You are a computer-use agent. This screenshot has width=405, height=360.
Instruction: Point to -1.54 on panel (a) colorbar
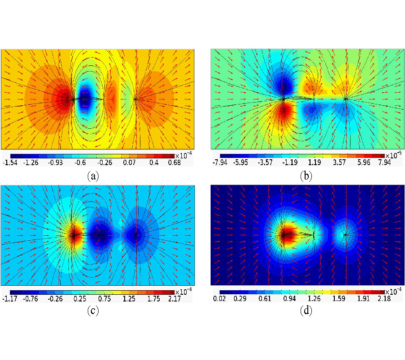click(10, 163)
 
